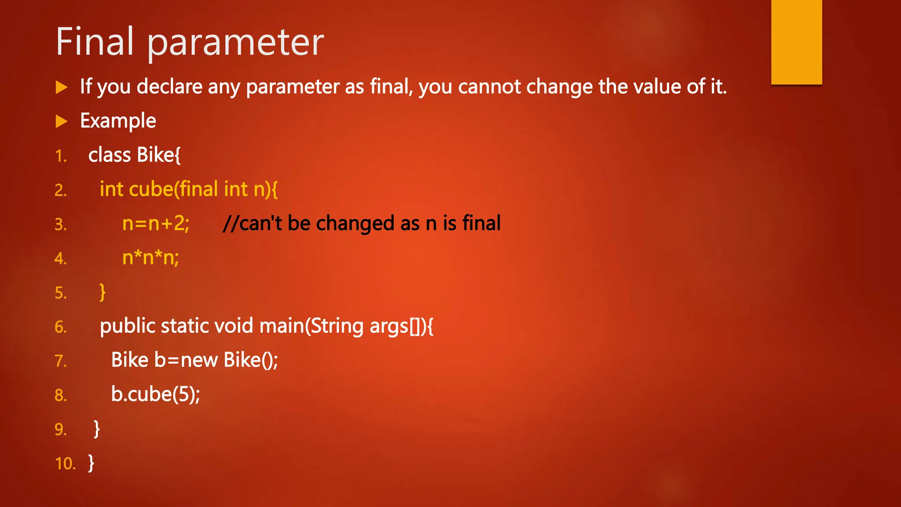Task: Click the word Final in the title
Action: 95,42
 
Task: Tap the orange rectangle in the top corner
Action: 796,42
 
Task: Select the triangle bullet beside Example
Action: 62,121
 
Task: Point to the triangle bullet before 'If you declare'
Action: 62,87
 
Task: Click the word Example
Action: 118,121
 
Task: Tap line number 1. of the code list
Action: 61,156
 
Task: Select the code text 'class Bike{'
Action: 134,155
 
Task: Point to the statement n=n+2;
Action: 156,224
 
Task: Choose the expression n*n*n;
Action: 150,258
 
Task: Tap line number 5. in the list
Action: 61,293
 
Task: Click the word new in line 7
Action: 199,360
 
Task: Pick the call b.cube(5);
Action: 155,394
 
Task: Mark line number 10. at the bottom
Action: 65,464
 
